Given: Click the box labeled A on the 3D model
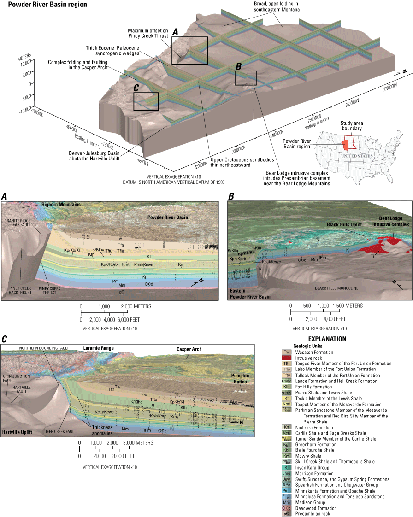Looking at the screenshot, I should (189, 50).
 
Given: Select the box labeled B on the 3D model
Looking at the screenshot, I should (245, 77).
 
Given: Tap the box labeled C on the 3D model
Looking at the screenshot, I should (146, 101).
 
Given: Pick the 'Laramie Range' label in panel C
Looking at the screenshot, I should (98, 348).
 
